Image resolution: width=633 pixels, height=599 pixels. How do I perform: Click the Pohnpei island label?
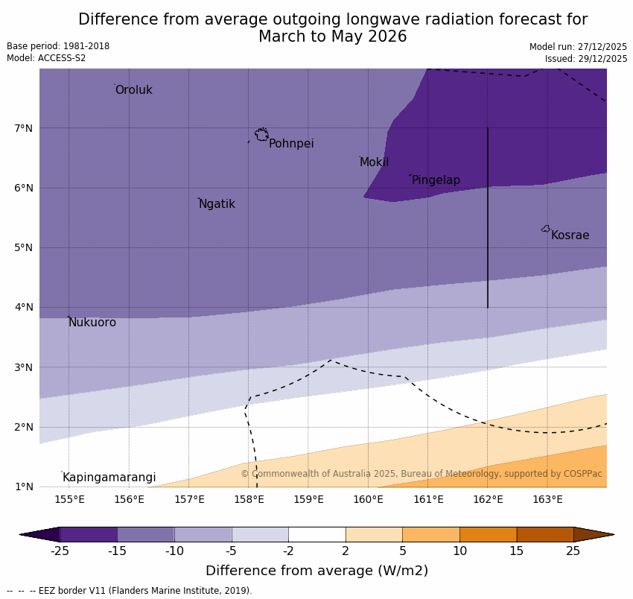[291, 144]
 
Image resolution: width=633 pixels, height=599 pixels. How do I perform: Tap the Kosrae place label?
[570, 235]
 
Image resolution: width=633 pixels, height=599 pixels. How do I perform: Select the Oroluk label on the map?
[133, 90]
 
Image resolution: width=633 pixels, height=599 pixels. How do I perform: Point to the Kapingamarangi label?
[109, 478]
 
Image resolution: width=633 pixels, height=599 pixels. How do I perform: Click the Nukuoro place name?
[92, 323]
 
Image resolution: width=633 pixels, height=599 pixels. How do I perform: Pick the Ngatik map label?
[217, 204]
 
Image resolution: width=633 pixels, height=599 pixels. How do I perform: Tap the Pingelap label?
[436, 180]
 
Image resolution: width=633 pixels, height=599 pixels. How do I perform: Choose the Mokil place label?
[374, 162]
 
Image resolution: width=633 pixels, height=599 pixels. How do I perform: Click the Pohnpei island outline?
[261, 135]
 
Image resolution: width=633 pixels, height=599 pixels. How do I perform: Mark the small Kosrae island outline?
[546, 229]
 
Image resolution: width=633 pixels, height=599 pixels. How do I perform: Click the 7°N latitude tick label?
[24, 128]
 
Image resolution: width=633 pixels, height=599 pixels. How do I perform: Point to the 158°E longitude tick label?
[249, 499]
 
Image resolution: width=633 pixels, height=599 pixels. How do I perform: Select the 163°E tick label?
[547, 499]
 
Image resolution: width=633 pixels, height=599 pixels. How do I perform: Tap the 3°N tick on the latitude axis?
[24, 367]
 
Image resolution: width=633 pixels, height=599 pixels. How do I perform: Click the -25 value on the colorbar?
[60, 551]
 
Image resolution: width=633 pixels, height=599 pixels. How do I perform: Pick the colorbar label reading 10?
[459, 551]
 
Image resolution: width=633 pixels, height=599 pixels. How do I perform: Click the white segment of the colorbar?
[316, 534]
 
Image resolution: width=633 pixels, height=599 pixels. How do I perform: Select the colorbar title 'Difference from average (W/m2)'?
[316, 571]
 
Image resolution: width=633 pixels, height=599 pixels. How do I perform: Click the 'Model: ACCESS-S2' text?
[46, 58]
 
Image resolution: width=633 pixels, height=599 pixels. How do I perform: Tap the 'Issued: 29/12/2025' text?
[585, 58]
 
